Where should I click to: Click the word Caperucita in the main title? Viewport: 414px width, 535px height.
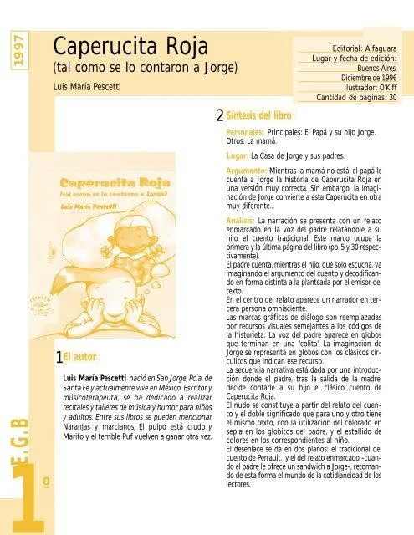99,44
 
